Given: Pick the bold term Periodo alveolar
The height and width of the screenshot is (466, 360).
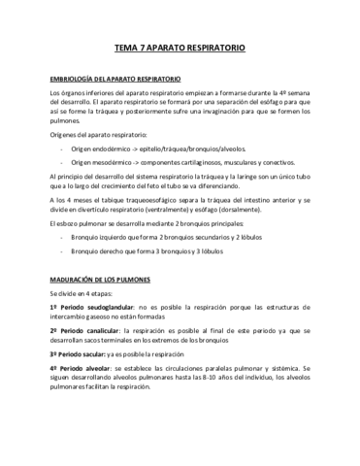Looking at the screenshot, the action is click(x=80, y=370).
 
